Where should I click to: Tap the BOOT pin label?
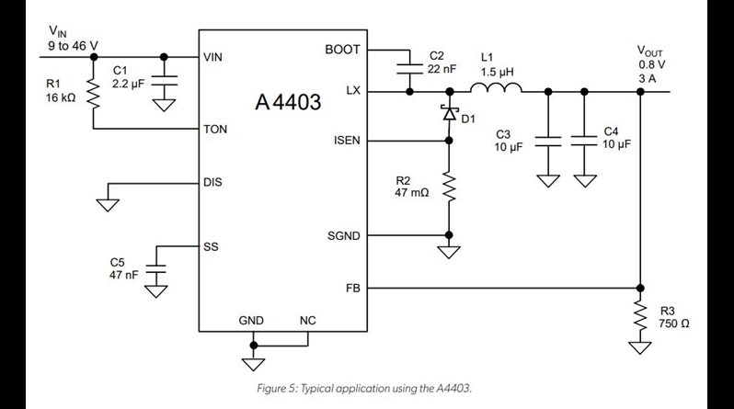click(343, 50)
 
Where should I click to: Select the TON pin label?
click(214, 129)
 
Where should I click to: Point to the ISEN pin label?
click(344, 141)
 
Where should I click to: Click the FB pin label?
click(352, 287)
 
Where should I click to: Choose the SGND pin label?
click(342, 235)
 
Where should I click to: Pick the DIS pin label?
click(212, 182)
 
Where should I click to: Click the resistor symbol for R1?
click(93, 92)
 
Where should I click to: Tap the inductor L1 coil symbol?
click(497, 88)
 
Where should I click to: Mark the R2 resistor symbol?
click(449, 188)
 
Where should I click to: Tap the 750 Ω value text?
click(674, 324)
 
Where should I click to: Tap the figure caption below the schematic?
click(366, 389)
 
